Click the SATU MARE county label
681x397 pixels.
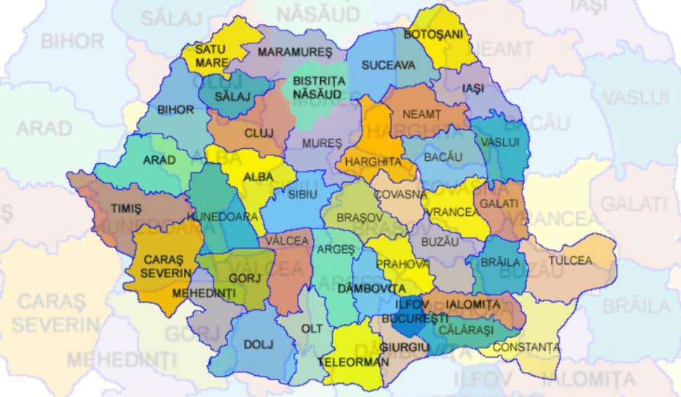(x=211, y=56)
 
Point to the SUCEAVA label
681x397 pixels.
(x=388, y=65)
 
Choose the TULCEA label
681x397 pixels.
(x=570, y=260)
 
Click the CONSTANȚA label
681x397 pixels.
(x=527, y=347)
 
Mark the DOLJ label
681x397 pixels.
(x=258, y=344)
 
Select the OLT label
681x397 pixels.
(x=312, y=328)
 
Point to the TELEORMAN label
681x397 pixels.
(x=353, y=363)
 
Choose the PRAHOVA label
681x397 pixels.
(x=402, y=263)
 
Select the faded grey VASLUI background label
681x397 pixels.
(x=635, y=96)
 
